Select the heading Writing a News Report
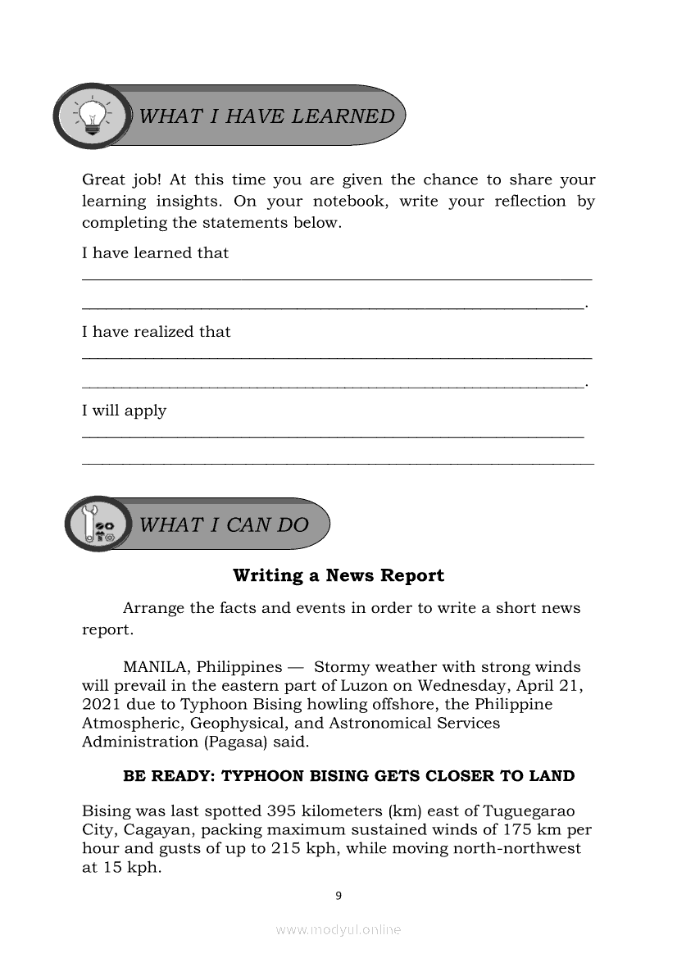pyautogui.click(x=338, y=575)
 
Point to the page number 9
pyautogui.click(x=338, y=896)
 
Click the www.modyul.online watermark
pyautogui.click(x=338, y=929)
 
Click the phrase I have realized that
pyautogui.click(x=156, y=332)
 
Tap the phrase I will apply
pyautogui.click(x=124, y=411)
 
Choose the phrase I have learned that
pyautogui.click(x=155, y=253)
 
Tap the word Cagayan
pyautogui.click(x=152, y=829)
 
